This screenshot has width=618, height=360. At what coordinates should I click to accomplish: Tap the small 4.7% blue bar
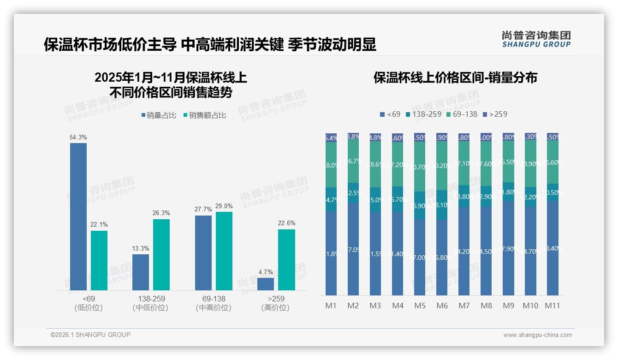[266, 284]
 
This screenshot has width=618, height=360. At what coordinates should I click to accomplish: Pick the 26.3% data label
[161, 213]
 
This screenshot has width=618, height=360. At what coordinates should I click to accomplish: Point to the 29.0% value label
[224, 206]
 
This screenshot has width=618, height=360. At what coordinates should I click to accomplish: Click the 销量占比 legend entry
[159, 115]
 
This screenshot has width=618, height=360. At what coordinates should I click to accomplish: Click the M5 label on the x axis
[420, 306]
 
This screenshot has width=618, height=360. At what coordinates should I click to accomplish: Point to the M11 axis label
[553, 306]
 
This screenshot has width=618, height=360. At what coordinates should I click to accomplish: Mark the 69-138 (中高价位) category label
[214, 303]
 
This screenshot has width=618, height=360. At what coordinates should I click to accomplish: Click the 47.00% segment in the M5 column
[420, 257]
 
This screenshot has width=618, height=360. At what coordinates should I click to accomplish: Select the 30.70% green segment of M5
[420, 167]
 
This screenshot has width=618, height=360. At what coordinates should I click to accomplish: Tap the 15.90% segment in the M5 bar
[420, 205]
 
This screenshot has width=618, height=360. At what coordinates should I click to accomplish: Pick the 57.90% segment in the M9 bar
[508, 248]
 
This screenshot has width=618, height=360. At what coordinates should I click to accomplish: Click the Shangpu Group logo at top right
[536, 39]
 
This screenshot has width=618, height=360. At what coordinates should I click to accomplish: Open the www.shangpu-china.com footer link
[537, 335]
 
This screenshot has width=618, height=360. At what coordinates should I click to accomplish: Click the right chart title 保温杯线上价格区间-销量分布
[455, 78]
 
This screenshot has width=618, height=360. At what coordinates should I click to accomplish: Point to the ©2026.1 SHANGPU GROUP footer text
[90, 335]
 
